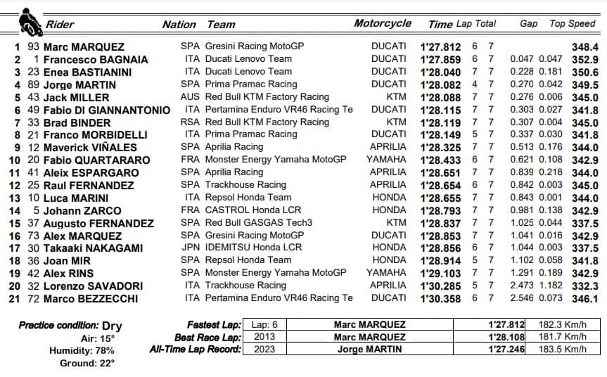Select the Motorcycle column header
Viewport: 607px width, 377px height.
(383, 23)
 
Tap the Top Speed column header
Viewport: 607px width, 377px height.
(572, 23)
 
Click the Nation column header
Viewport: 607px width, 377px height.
(179, 25)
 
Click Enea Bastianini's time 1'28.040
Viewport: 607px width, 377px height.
(440, 72)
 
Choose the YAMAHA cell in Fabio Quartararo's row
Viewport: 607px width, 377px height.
(386, 160)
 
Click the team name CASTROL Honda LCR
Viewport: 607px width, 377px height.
(250, 210)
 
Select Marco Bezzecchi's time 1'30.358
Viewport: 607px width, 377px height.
(440, 298)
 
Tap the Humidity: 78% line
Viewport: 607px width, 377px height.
(84, 350)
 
